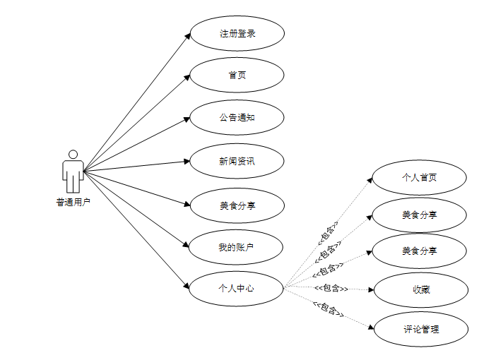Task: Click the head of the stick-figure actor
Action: click(72, 154)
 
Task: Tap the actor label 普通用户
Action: click(73, 202)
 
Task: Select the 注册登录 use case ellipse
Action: click(237, 34)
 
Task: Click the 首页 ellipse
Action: click(237, 76)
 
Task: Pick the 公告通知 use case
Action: click(237, 117)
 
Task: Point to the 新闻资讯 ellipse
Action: click(237, 161)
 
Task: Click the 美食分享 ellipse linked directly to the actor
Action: click(237, 205)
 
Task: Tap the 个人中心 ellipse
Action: click(237, 288)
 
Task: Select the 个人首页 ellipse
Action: click(419, 177)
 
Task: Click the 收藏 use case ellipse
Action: click(421, 289)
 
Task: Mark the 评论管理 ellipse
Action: click(421, 329)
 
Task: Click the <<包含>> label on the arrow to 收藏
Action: click(331, 288)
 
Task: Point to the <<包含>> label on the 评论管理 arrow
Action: click(328, 309)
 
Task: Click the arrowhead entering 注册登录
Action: click(187, 36)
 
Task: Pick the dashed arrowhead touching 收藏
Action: click(370, 289)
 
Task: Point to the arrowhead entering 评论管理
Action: click(370, 326)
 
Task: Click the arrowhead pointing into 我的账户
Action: click(187, 246)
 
